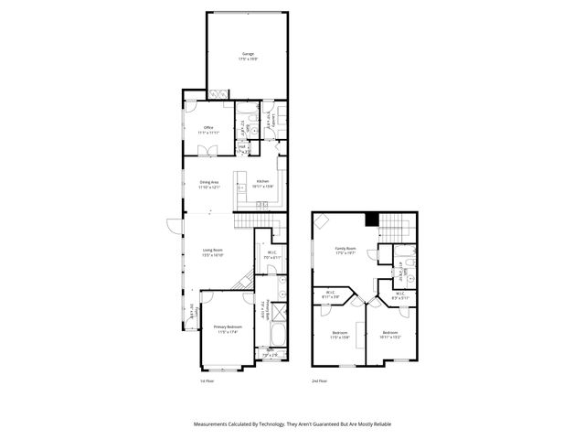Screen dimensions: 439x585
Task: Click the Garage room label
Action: [249, 54]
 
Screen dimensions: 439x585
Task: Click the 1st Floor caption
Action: [207, 380]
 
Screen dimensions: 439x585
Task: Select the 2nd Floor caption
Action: [318, 380]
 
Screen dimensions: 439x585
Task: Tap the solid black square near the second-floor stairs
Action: [370, 219]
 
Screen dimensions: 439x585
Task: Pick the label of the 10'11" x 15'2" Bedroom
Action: [390, 333]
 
